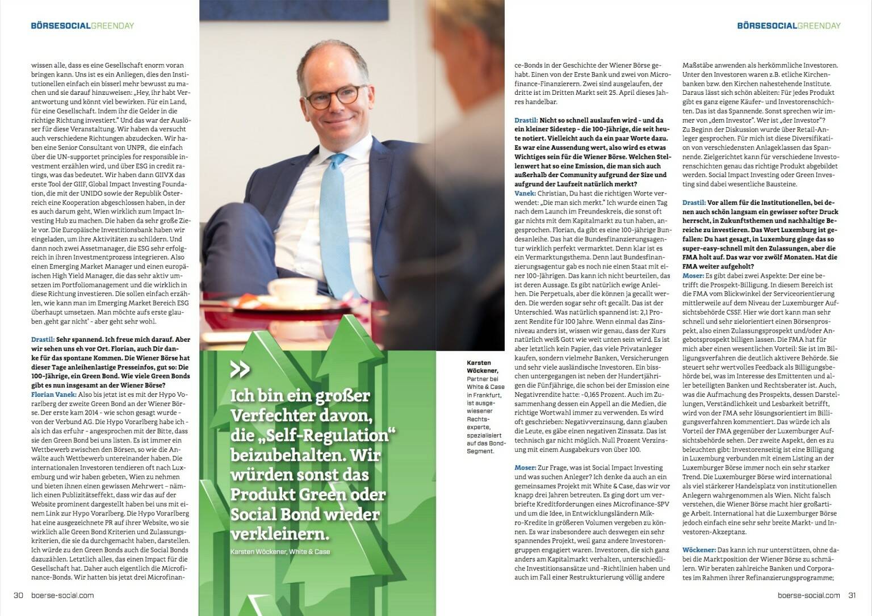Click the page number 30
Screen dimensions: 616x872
pos(18,596)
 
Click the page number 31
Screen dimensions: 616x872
pos(852,596)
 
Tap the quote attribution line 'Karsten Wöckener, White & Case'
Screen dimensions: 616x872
pos(280,552)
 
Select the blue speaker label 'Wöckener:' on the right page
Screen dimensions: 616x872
pos(699,550)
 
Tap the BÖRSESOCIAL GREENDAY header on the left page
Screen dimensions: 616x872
pos(82,26)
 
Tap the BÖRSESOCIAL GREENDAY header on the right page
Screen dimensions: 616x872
pos(789,26)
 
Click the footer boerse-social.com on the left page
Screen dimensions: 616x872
pos(62,596)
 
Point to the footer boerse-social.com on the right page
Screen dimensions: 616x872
pos(809,596)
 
